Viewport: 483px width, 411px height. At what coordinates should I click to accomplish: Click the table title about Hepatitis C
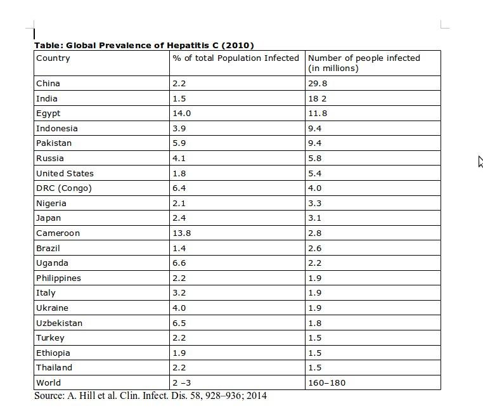[x=144, y=45]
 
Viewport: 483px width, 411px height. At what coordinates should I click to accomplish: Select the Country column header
[x=53, y=58]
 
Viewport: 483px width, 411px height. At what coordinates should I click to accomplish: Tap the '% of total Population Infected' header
[x=235, y=58]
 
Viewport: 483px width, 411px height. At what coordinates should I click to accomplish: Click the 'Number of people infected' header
[x=364, y=63]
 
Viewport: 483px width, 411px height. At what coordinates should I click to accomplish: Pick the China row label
[x=48, y=83]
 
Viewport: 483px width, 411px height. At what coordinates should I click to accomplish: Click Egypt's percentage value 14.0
[x=181, y=114]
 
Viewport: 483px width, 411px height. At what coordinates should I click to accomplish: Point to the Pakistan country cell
[x=54, y=143]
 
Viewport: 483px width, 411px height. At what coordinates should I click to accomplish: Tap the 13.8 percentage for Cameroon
[x=181, y=233]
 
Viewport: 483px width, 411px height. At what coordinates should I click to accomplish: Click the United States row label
[x=65, y=173]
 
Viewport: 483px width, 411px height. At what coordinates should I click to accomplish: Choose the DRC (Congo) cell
[x=64, y=188]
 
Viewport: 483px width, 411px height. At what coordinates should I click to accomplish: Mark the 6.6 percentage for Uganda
[x=179, y=263]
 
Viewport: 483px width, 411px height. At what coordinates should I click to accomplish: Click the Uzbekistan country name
[x=59, y=323]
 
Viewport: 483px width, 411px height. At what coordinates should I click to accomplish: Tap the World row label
[x=49, y=383]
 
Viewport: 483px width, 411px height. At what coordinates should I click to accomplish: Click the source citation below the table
[x=150, y=396]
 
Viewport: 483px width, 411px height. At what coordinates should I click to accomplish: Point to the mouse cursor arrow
[x=480, y=161]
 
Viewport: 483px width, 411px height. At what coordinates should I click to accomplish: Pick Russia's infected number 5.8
[x=314, y=159]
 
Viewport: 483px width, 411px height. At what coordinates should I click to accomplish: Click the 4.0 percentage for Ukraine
[x=179, y=308]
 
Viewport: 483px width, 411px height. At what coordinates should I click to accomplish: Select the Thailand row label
[x=54, y=368]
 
